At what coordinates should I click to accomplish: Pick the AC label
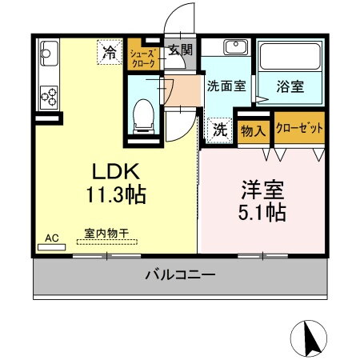click(x=51, y=238)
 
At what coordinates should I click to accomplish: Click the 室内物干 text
click(x=106, y=234)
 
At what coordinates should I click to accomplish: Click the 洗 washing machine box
click(x=218, y=128)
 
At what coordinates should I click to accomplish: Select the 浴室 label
click(x=290, y=86)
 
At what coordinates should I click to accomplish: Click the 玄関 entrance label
click(x=181, y=50)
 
